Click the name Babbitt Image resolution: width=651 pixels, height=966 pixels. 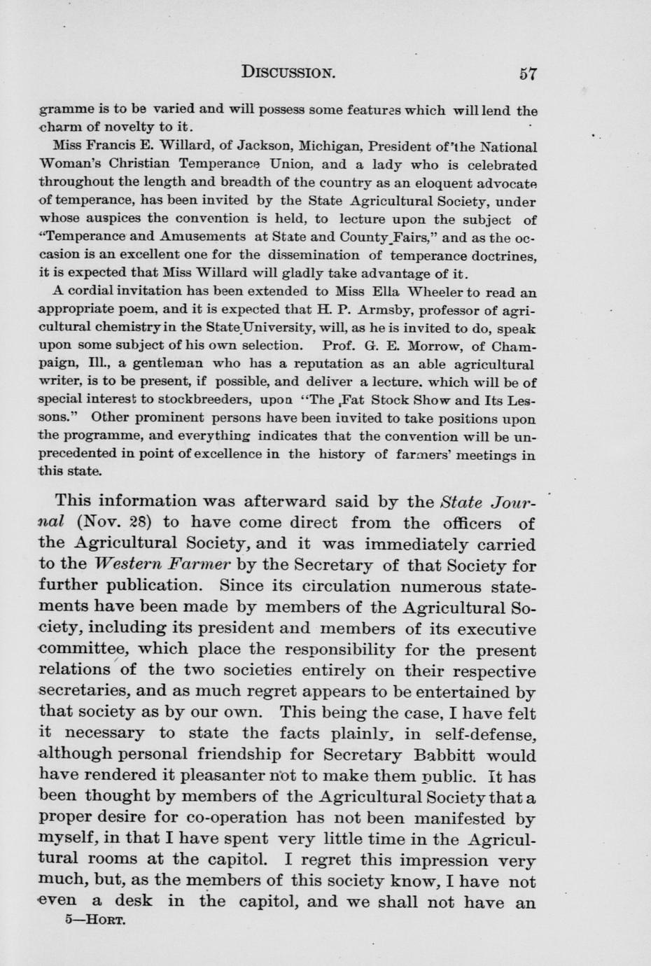click(x=448, y=755)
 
